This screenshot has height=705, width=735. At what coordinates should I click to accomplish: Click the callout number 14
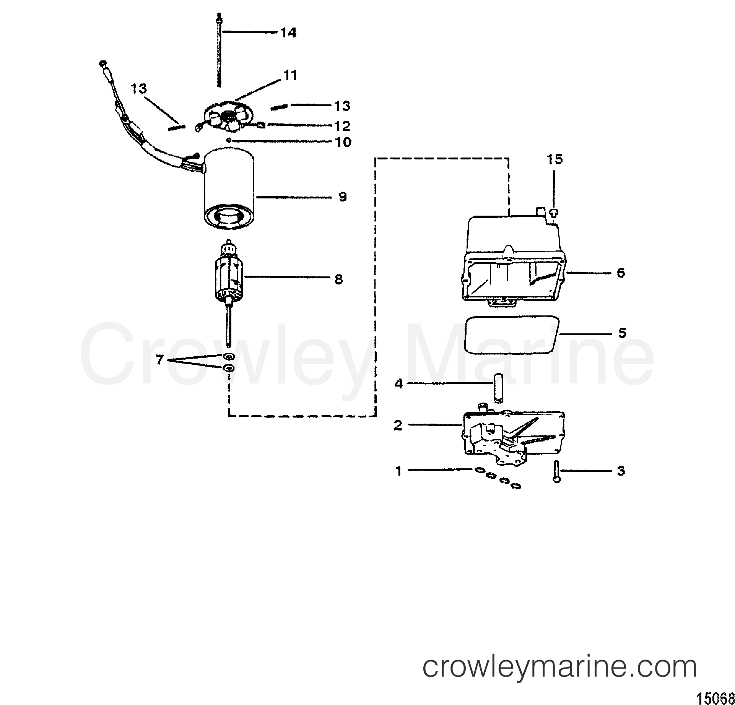click(x=288, y=33)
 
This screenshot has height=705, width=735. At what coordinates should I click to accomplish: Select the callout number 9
click(x=343, y=197)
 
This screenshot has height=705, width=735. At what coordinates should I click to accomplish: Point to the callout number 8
click(x=338, y=279)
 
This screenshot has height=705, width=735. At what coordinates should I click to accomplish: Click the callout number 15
click(x=555, y=159)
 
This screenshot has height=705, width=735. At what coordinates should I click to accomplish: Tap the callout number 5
click(x=622, y=333)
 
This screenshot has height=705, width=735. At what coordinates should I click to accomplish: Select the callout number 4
click(x=398, y=383)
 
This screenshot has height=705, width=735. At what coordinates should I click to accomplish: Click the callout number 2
click(x=398, y=425)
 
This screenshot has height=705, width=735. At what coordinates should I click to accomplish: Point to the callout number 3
click(x=621, y=471)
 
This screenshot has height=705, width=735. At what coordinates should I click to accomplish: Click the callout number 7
click(x=160, y=360)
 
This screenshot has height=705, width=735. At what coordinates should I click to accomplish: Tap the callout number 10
click(x=343, y=142)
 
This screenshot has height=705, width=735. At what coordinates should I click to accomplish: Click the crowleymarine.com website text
click(x=559, y=668)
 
